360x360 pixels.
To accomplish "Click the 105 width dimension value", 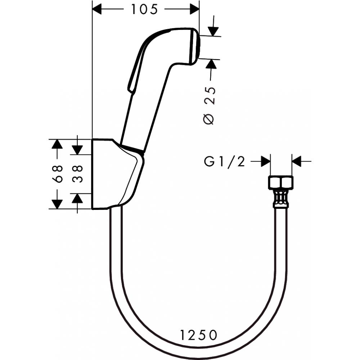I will (144, 10).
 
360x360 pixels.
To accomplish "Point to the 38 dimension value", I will (77, 174).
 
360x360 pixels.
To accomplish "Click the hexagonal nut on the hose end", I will (281, 183).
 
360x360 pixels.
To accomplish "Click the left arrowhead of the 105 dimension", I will (98, 10).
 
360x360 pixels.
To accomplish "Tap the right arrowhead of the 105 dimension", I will (194, 10).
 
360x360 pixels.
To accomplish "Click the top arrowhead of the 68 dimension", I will (56, 144).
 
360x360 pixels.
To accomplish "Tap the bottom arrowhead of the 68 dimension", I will (56, 204).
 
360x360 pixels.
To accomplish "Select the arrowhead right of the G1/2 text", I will (265, 162).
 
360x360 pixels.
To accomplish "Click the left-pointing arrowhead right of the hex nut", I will (297, 162).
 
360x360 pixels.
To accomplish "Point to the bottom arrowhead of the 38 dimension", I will (77, 198).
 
